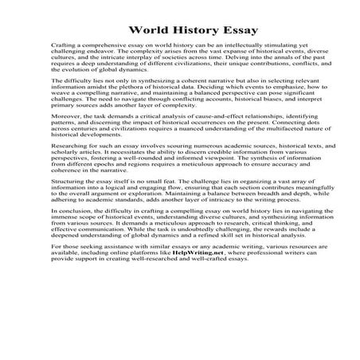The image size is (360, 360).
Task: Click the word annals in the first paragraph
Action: pyautogui.click(x=253, y=57)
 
